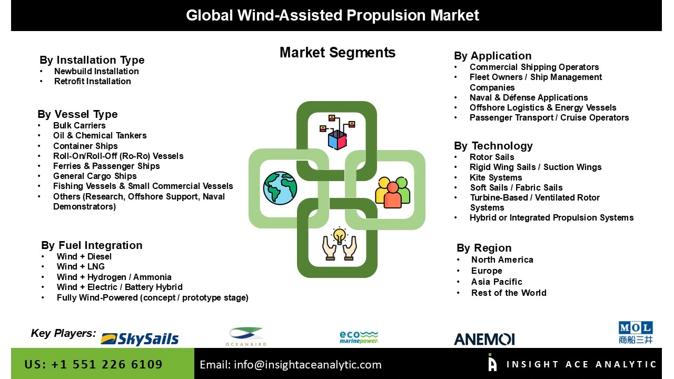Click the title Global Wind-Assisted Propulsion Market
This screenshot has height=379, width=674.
(x=332, y=15)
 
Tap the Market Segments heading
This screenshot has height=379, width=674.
(x=337, y=53)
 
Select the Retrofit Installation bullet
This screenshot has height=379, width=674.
(x=92, y=81)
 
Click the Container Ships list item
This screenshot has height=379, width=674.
(x=85, y=146)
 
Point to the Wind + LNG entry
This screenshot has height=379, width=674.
(x=81, y=266)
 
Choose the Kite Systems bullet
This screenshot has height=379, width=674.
(x=495, y=177)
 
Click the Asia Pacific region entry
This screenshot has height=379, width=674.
(x=497, y=282)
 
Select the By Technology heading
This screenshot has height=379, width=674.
(x=493, y=146)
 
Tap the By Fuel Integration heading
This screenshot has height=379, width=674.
(x=92, y=245)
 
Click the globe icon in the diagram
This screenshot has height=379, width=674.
(x=280, y=188)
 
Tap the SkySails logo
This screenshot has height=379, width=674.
(x=140, y=338)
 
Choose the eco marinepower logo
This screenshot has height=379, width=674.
(x=359, y=337)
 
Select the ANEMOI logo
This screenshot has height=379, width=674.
(x=484, y=339)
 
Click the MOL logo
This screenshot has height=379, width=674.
(x=635, y=333)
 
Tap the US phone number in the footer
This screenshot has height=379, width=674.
(x=93, y=364)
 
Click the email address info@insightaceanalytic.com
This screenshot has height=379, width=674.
(x=290, y=364)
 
